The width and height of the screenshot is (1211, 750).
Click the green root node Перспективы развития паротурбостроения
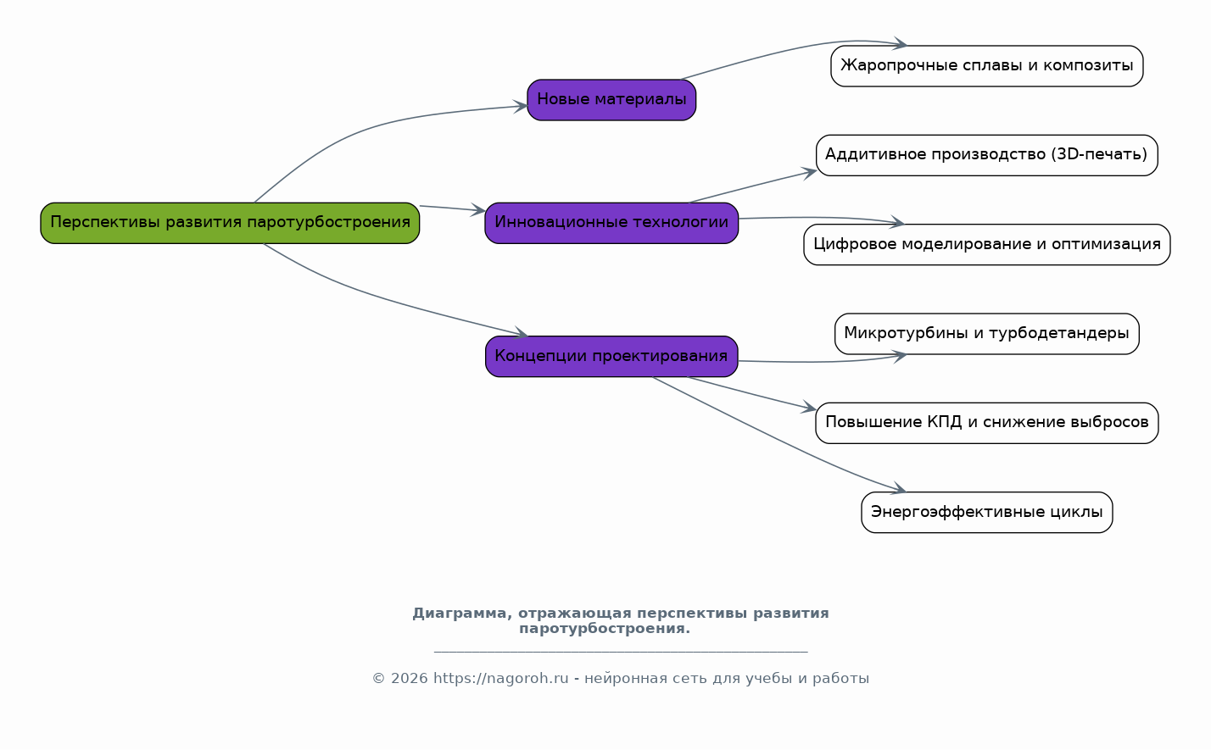tap(230, 223)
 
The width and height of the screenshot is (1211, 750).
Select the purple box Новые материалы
tap(611, 100)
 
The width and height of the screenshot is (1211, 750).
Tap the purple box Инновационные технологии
tap(611, 223)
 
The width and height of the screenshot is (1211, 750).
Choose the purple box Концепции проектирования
tap(611, 357)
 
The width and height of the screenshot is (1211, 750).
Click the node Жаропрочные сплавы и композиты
tap(986, 66)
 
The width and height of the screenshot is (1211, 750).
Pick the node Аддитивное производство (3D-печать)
tap(986, 155)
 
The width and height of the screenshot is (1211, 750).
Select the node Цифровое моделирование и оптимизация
tap(986, 245)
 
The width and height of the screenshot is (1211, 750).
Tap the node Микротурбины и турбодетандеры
tap(986, 334)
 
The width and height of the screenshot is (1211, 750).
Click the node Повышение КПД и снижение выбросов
tap(986, 423)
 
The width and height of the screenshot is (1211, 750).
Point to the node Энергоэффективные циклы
tap(986, 513)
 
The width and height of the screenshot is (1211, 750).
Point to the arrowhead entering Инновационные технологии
tap(478, 209)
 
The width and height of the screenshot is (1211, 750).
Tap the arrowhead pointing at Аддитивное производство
tap(809, 172)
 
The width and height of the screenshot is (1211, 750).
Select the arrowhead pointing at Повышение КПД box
tap(808, 409)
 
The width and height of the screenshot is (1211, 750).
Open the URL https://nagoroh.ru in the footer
tap(500, 679)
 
